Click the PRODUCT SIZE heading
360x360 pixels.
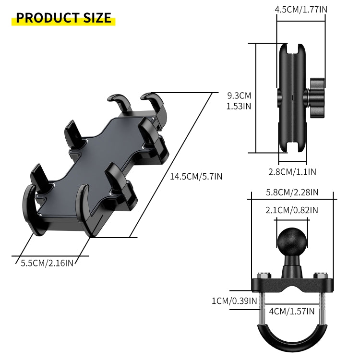tap(63, 18)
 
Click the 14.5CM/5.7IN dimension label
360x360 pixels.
tap(196, 177)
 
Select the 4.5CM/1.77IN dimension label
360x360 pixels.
tap(300, 9)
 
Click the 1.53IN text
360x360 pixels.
tap(239, 106)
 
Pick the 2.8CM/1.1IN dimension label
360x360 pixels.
tap(292, 171)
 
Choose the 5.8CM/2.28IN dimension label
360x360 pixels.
tap(292, 192)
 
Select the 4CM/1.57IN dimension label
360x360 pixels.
tap(292, 312)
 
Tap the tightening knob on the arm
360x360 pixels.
tap(317, 96)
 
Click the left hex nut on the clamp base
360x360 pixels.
tap(263, 276)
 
